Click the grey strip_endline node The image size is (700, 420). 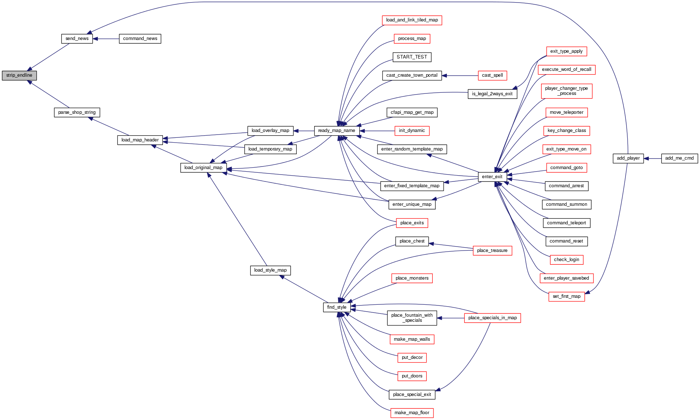click(19, 75)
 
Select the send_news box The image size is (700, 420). click(77, 39)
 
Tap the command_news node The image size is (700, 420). click(140, 39)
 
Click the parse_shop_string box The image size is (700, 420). click(77, 112)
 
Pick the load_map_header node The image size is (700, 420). click(140, 140)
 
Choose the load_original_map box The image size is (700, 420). click(203, 168)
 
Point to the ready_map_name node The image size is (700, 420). click(336, 131)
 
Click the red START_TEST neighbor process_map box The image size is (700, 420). click(412, 39)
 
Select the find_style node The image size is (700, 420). click(337, 307)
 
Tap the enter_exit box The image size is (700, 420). click(492, 177)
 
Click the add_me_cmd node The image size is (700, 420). click(679, 158)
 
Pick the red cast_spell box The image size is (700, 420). click(492, 75)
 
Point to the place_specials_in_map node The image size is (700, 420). click(492, 318)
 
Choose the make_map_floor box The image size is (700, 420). click(412, 413)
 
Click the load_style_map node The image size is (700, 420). click(270, 270)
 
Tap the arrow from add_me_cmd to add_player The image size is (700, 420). click(652, 159)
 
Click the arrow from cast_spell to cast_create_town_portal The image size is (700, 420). click(460, 76)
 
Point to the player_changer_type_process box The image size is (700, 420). click(567, 91)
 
